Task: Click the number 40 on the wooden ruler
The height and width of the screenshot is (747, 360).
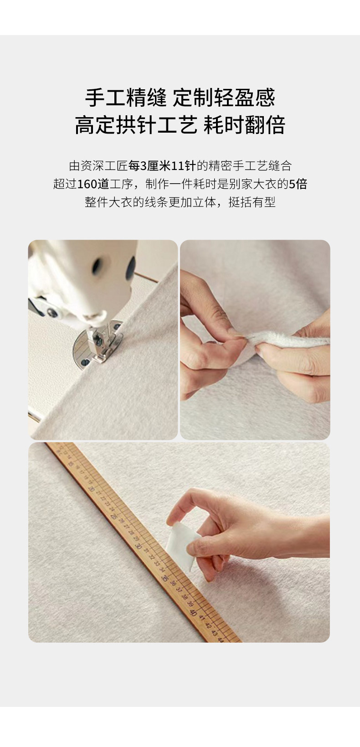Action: [x=193, y=613]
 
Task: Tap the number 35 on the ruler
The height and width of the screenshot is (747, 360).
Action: [x=165, y=578]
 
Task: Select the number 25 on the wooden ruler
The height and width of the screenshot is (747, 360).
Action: [x=113, y=516]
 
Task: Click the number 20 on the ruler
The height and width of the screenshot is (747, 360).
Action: [x=91, y=489]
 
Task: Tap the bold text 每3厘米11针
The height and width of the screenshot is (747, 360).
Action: [x=162, y=166]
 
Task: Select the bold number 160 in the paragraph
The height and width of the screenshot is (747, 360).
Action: [x=87, y=184]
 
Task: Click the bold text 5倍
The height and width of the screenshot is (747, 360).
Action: [x=298, y=184]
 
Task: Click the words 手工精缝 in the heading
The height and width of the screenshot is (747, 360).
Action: [x=126, y=98]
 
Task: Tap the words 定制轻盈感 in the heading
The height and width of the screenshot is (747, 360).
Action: [x=224, y=98]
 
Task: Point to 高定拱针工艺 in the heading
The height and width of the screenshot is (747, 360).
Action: [x=136, y=125]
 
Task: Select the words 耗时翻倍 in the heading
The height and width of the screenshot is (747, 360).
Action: [x=244, y=125]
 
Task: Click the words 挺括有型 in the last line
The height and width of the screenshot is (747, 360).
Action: [x=252, y=202]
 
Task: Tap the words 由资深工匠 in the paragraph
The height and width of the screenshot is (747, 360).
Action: [x=99, y=166]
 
